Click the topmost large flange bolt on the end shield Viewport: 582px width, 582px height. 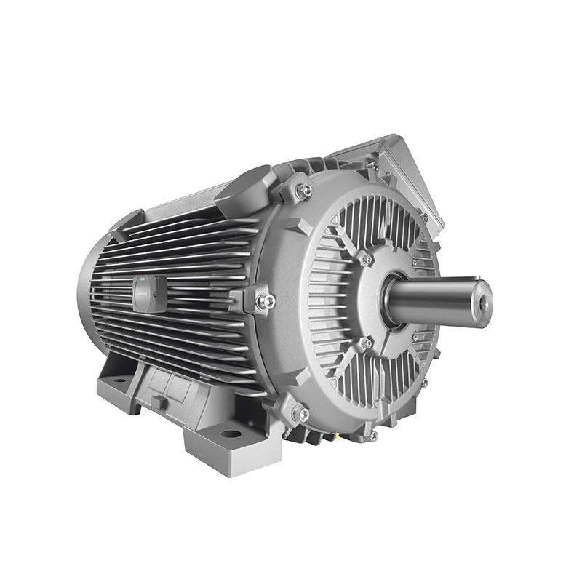[x=306, y=191]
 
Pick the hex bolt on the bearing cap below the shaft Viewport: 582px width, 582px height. [x=366, y=342]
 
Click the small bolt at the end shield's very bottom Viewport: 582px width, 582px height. [x=373, y=435]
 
